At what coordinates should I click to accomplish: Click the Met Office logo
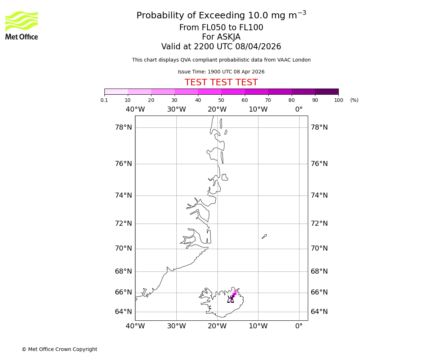click(x=22, y=25)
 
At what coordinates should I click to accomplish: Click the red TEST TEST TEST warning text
click(x=221, y=83)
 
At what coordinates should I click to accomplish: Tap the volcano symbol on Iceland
click(x=230, y=299)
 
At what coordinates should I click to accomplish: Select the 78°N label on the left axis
click(x=123, y=127)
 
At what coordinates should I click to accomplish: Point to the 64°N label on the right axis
click(x=319, y=312)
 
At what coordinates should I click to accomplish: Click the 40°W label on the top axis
click(x=135, y=109)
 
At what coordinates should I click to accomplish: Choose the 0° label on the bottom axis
click(x=299, y=326)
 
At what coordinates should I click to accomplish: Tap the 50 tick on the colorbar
click(x=221, y=100)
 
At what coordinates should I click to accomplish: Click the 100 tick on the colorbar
click(x=338, y=100)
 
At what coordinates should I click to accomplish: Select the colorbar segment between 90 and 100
click(x=327, y=91)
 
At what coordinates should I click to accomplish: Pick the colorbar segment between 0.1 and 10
click(x=116, y=91)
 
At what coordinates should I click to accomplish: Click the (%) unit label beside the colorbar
click(x=354, y=100)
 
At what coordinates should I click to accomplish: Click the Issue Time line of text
click(x=221, y=72)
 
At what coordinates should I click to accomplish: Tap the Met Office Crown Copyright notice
click(x=59, y=349)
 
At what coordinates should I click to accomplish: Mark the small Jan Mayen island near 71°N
click(x=264, y=236)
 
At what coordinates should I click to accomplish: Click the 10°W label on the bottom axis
click(x=258, y=326)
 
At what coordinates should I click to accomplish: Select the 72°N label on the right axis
click(x=319, y=224)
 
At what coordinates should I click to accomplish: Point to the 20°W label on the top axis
click(x=217, y=109)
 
